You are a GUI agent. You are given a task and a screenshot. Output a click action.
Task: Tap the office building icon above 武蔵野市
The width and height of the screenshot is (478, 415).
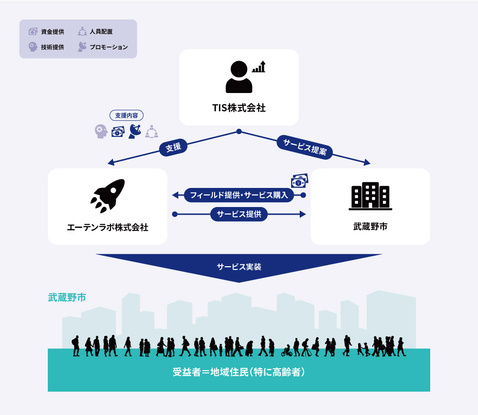(370, 196)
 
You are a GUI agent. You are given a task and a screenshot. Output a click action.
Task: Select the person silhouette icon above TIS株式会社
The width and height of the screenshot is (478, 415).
(239, 77)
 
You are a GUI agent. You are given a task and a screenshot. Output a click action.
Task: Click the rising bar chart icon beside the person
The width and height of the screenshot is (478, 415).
(259, 67)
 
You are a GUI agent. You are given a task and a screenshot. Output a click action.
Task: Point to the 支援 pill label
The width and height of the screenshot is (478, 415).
(173, 147)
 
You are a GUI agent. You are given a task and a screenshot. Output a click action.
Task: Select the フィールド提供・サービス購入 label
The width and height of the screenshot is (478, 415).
(239, 195)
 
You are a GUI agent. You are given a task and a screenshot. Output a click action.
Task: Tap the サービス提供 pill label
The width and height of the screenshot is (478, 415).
(239, 214)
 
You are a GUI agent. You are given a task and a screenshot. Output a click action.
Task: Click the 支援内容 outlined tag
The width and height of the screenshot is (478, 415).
(127, 115)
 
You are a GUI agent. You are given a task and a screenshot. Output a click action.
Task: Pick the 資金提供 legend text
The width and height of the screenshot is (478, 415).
(53, 31)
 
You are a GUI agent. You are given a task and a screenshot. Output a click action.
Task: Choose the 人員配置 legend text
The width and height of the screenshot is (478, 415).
(101, 31)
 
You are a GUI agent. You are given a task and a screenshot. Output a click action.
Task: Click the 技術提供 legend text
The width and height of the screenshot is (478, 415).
(53, 47)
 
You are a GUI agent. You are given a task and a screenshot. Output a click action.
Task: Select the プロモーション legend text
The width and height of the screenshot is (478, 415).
(109, 47)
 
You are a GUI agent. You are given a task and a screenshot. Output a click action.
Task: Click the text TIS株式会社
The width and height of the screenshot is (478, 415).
(239, 108)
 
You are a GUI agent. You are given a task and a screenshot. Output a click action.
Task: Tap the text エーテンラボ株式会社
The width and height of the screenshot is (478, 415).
(108, 227)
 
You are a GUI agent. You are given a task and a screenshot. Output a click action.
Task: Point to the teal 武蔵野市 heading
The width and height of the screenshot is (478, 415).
(67, 297)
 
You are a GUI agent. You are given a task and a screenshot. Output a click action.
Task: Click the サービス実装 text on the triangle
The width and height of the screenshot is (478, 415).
(239, 267)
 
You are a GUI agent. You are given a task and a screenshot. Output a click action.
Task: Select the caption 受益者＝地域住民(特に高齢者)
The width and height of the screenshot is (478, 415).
(239, 372)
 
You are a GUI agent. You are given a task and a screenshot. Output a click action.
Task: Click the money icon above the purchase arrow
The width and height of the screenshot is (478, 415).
(300, 181)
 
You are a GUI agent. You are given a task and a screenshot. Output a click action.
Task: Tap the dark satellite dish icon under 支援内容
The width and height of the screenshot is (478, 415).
(135, 132)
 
